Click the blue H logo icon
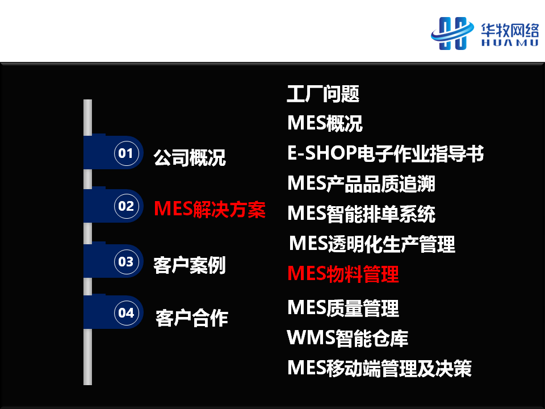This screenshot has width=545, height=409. pyautogui.click(x=452, y=34)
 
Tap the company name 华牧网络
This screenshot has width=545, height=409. pyautogui.click(x=510, y=31)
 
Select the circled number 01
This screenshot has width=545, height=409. pyautogui.click(x=126, y=153)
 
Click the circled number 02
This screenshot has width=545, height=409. pyautogui.click(x=126, y=206)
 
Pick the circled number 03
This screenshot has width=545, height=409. pyautogui.click(x=126, y=261)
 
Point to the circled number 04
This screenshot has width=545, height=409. pyautogui.click(x=126, y=313)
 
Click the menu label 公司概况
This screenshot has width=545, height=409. pyautogui.click(x=190, y=157)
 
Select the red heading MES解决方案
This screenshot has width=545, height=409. pyautogui.click(x=210, y=210)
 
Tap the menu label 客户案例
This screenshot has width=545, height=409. pyautogui.click(x=190, y=265)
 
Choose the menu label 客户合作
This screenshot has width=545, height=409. pyautogui.click(x=192, y=318)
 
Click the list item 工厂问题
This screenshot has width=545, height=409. pyautogui.click(x=323, y=94)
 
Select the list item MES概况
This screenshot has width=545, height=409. pyautogui.click(x=325, y=123)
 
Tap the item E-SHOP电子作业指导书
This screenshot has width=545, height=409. pyautogui.click(x=385, y=153)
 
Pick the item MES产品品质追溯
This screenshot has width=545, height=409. pyautogui.click(x=362, y=183)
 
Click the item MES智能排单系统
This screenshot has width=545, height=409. pyautogui.click(x=362, y=214)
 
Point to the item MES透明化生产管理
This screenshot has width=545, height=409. pyautogui.click(x=372, y=244)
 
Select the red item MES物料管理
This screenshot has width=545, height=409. pyautogui.click(x=343, y=274)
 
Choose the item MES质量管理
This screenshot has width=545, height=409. pyautogui.click(x=343, y=308)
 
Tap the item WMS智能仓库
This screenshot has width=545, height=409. pyautogui.click(x=347, y=338)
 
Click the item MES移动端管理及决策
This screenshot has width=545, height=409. pyautogui.click(x=380, y=368)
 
